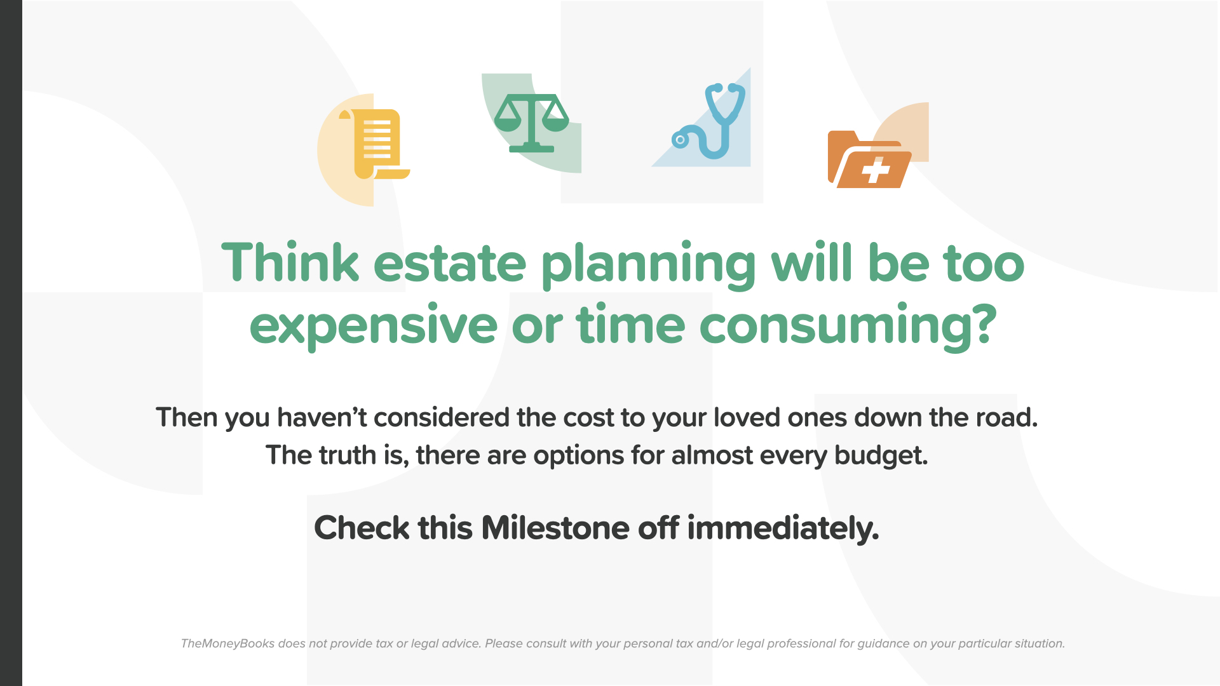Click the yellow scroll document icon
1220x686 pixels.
(x=375, y=144)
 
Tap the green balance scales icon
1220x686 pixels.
(x=531, y=123)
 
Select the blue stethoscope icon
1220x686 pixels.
(x=709, y=121)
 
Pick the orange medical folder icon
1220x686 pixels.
(x=869, y=159)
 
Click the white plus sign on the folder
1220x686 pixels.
(x=876, y=171)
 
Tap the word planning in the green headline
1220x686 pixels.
(x=649, y=265)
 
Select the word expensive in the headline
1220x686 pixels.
(x=373, y=326)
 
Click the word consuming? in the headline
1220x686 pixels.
(x=848, y=326)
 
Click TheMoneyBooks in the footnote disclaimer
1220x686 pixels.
(x=227, y=643)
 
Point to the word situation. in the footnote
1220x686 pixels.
(x=1040, y=643)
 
